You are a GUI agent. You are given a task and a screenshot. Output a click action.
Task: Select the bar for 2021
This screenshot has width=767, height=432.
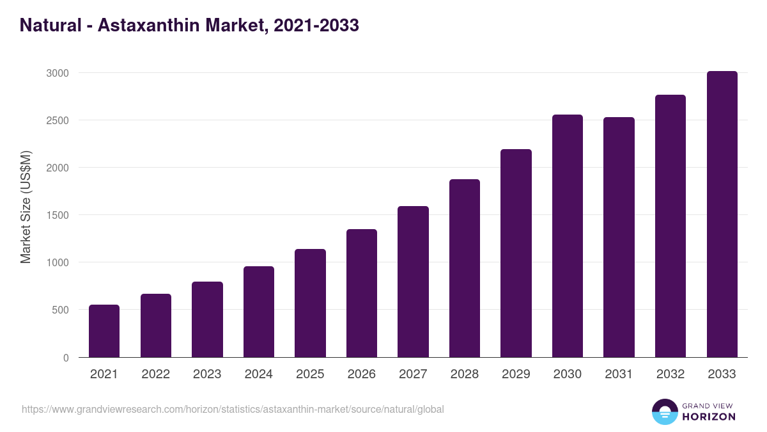(104, 331)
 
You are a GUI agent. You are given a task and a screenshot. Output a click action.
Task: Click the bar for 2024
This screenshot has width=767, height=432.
(259, 312)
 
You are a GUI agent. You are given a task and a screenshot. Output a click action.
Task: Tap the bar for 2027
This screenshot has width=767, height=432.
(413, 282)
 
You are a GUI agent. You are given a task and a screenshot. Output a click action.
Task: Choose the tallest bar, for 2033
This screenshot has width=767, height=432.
(722, 214)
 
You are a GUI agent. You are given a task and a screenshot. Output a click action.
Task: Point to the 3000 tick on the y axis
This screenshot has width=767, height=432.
(57, 73)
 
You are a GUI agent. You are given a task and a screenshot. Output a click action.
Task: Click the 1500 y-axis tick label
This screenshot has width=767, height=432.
(57, 215)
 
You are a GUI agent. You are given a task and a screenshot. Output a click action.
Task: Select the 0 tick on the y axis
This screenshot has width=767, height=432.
(66, 358)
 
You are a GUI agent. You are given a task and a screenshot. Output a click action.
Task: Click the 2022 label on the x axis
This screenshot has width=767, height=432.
(155, 374)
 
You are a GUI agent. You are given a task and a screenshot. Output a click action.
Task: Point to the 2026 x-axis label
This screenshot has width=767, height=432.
(361, 374)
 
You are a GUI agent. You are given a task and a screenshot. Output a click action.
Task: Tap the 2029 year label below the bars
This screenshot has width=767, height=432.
(516, 374)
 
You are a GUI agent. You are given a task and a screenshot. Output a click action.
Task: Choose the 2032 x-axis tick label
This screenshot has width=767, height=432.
(670, 374)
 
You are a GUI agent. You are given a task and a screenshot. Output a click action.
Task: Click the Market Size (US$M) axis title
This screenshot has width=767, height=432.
(26, 207)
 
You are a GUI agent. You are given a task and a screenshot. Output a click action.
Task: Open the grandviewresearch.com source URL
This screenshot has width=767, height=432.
(233, 409)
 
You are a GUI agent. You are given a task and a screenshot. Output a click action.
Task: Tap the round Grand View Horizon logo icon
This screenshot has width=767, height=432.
(664, 412)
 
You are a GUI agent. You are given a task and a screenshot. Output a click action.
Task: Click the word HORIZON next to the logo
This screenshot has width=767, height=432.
(709, 417)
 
